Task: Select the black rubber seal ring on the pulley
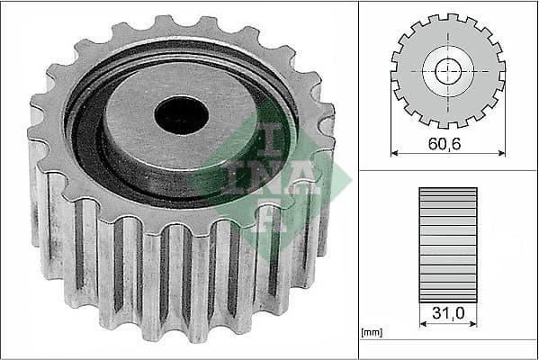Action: click(86, 135)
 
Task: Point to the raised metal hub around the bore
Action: click(135, 135)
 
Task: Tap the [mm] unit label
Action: click(373, 333)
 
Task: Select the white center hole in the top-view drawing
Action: click(448, 71)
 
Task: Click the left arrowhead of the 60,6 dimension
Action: click(394, 153)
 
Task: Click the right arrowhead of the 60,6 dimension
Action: click(501, 153)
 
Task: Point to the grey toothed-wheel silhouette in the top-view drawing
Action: click(414, 90)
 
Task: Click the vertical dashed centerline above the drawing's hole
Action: click(448, 36)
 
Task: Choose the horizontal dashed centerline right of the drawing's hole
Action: click(486, 71)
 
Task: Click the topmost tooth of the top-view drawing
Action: click(448, 19)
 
